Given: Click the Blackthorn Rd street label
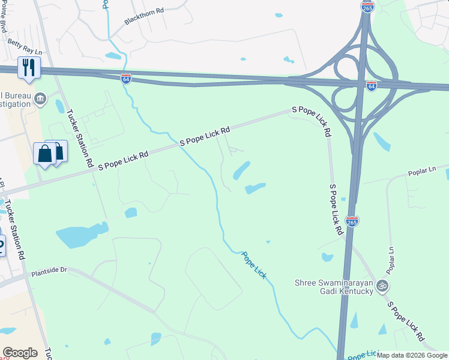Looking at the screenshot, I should (x=144, y=16).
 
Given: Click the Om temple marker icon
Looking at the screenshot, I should (x=382, y=286).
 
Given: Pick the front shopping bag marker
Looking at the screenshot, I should (x=45, y=154).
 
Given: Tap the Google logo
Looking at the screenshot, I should (x=20, y=353).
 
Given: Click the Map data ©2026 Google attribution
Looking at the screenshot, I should (x=412, y=355).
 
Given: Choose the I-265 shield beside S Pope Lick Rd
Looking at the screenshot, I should (x=352, y=222).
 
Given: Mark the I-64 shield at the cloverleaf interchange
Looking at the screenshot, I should (x=372, y=86).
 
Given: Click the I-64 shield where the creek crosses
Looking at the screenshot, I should (x=126, y=79).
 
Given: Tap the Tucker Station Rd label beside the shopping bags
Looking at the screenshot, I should (x=80, y=138).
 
